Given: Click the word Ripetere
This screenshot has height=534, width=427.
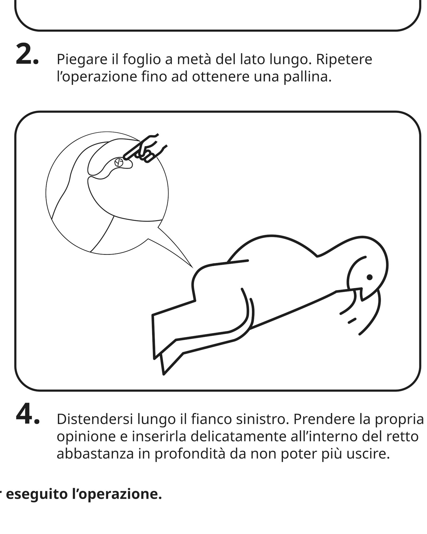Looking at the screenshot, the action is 344,60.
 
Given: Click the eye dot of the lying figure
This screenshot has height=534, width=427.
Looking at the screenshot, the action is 370,277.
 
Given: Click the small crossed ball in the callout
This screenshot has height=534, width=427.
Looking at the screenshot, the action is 118,162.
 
